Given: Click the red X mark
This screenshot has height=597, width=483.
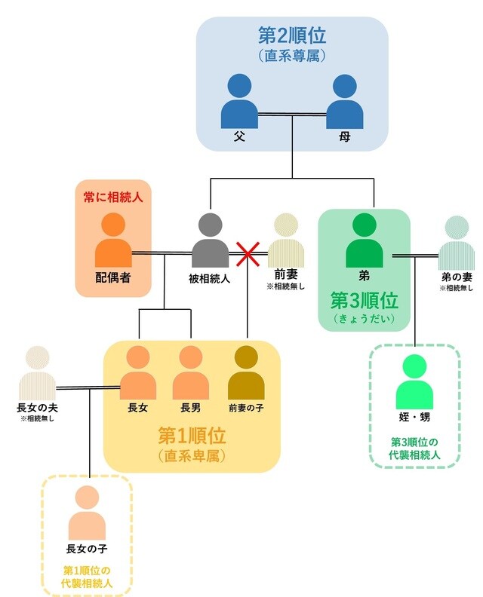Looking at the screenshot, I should click(247, 254).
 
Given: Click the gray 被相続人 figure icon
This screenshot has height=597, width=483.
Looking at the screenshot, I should click(210, 240).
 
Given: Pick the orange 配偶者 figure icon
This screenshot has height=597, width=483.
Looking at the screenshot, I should click(112, 240).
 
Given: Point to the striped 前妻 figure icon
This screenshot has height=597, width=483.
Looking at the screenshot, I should click(285, 240).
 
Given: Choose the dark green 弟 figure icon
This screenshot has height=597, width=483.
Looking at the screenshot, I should click(364, 240).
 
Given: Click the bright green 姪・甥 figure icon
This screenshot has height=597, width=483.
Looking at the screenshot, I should click(414, 383).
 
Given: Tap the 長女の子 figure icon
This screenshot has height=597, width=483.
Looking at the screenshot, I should click(87, 513).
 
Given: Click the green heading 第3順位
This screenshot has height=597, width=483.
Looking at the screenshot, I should click(364, 299).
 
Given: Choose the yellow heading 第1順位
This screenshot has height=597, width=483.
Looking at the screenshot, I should click(192, 436).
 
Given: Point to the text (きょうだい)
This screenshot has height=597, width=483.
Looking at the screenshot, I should click(364, 318).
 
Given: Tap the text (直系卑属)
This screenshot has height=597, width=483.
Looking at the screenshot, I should click(192, 455).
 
